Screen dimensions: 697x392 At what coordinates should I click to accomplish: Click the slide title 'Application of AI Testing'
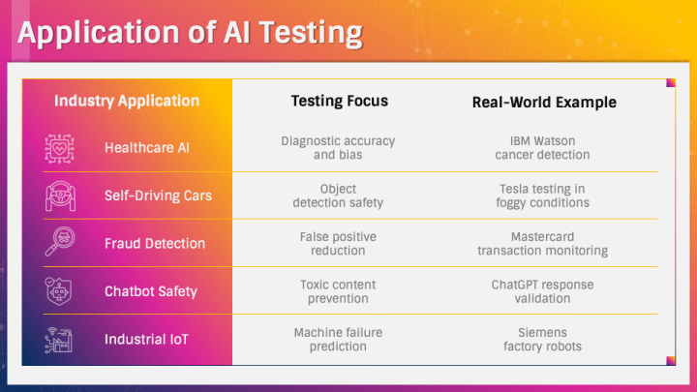coord(191,34)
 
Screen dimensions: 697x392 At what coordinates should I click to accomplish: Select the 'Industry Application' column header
coord(127,102)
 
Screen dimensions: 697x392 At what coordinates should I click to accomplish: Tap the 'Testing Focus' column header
coord(340,101)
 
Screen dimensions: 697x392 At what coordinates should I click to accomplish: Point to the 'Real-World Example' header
coord(544,103)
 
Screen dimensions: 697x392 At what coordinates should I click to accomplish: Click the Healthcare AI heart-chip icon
coord(60,148)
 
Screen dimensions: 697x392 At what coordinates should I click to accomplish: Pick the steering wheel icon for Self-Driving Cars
coord(60,196)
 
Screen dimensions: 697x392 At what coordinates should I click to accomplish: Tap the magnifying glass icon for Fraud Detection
coord(60,242)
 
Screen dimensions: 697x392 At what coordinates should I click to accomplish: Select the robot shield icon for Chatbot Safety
coord(58,291)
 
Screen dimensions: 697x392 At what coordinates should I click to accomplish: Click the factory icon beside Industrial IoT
coord(58,340)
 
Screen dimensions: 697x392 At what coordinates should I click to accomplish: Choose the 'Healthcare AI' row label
coord(147,147)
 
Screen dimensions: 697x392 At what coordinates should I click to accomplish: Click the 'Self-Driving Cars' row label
coord(158,196)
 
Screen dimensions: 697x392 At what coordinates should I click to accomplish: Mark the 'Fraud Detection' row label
coord(155,244)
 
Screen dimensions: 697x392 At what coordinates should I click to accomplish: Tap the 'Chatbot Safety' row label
coord(151,291)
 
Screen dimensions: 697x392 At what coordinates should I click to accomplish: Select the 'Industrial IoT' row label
coord(147,340)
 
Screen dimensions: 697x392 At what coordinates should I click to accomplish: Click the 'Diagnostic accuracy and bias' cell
coord(338,148)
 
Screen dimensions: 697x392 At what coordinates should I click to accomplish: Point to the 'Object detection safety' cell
coord(338,196)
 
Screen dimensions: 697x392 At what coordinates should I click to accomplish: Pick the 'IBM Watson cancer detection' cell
coord(542,148)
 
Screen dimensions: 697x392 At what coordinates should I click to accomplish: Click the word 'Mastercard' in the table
coord(542,237)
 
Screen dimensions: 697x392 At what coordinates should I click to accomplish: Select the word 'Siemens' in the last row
coord(542,333)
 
